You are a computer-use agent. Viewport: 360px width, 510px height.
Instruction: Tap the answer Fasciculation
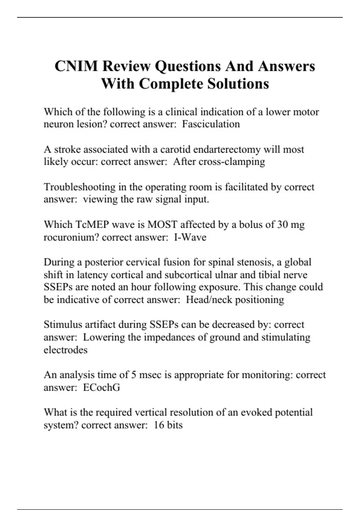tap(211, 124)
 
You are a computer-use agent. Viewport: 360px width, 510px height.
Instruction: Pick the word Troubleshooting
tap(79, 187)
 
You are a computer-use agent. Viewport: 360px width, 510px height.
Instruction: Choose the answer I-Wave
tap(190, 237)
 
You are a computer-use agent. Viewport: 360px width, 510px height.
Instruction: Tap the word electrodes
tap(66, 350)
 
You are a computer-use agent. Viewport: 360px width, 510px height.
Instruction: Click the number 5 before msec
tap(134, 375)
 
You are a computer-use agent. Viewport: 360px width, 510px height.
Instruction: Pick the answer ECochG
tap(101, 388)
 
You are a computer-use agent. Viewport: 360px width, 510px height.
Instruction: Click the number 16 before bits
tap(159, 425)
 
